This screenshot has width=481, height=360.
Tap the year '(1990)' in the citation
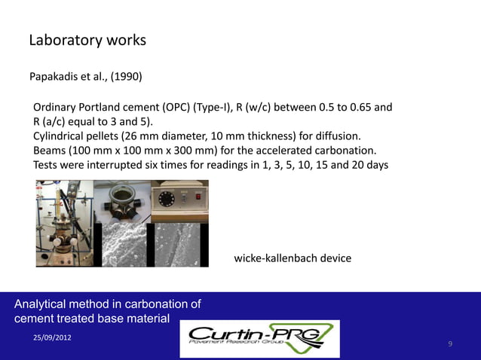[123, 78]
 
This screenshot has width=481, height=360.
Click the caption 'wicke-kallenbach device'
[293, 258]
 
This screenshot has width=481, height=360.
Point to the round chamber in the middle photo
[122, 200]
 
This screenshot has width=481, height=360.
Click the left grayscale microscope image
[124, 244]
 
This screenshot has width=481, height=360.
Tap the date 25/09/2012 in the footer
[52, 337]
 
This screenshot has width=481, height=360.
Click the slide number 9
[450, 344]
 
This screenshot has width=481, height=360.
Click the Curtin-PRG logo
[260, 339]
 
